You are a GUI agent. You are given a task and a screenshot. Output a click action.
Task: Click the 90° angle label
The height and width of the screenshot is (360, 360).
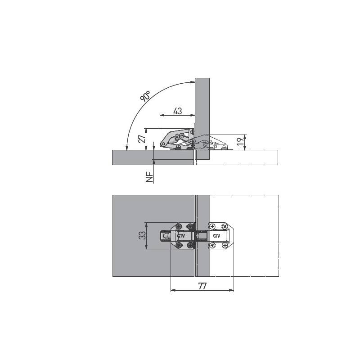pyautogui.click(x=145, y=96)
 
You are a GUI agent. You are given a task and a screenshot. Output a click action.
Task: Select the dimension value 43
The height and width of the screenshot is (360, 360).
pyautogui.click(x=178, y=111)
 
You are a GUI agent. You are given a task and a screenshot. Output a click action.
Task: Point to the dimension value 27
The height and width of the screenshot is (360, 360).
pyautogui.click(x=142, y=139)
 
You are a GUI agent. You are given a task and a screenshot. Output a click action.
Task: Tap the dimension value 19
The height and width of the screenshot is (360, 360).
pyautogui.click(x=240, y=141)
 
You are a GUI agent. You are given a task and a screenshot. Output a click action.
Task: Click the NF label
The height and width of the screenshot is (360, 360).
pyautogui.click(x=149, y=177)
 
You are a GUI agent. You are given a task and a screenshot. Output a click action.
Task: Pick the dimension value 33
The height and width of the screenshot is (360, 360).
pyautogui.click(x=142, y=235)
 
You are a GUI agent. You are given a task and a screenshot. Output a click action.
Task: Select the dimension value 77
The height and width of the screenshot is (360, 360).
pyautogui.click(x=202, y=286)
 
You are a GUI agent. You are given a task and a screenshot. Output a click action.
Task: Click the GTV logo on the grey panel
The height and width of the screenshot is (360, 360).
pyautogui.click(x=181, y=236)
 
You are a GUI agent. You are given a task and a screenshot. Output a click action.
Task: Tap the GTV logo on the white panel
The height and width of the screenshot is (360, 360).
pyautogui.click(x=216, y=236)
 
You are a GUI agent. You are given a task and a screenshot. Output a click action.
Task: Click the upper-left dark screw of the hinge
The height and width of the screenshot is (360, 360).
pyautogui.click(x=179, y=226)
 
